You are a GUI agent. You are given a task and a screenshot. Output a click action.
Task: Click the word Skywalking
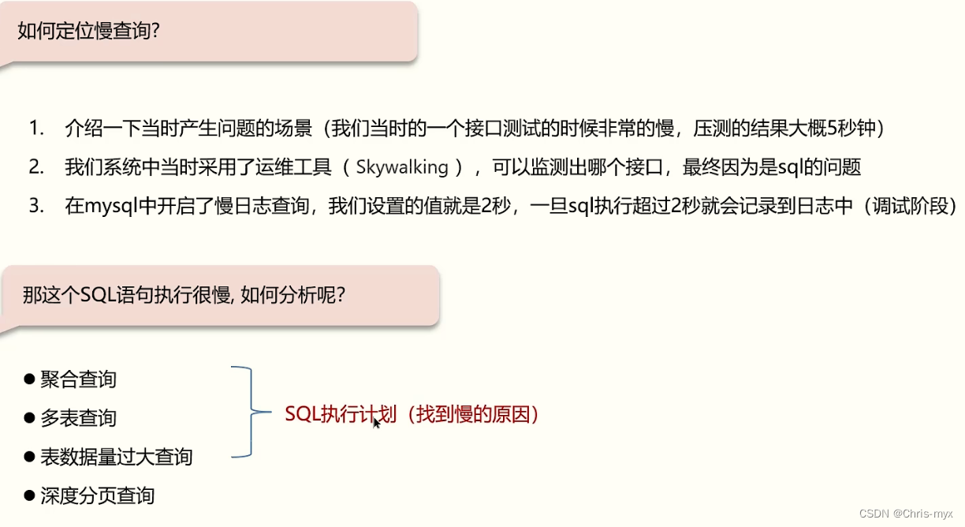[402, 167]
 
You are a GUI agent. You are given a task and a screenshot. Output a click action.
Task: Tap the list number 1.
[36, 128]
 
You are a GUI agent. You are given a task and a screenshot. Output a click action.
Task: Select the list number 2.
[36, 167]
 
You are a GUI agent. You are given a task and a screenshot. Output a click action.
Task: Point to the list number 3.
[36, 207]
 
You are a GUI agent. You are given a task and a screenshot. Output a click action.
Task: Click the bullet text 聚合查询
[78, 379]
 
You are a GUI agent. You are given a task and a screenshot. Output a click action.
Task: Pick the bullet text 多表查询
[78, 418]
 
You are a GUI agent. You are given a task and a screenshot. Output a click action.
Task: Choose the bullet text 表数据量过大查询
[116, 457]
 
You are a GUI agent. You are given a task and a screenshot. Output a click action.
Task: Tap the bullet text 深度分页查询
[97, 495]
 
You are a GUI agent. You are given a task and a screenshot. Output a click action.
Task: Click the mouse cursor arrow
[377, 423]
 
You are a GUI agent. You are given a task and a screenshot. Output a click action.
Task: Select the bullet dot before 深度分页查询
[30, 495]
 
